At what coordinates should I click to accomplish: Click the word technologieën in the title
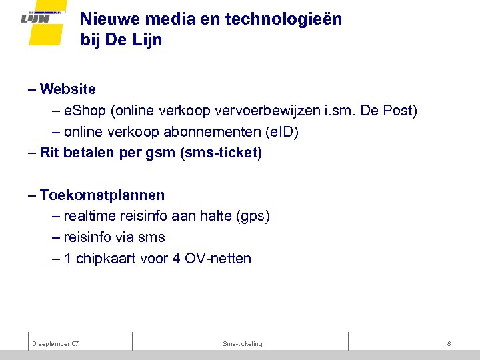coord(284,19)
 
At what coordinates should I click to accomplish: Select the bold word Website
coord(67,89)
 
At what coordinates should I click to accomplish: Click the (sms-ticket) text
coord(221,153)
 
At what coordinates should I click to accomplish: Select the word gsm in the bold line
coord(161,153)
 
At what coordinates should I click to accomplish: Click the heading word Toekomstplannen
coord(102,195)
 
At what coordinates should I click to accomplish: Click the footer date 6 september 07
coord(56,343)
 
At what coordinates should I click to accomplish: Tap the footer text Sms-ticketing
coord(243,343)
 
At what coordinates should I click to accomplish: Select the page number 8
coord(449,343)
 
